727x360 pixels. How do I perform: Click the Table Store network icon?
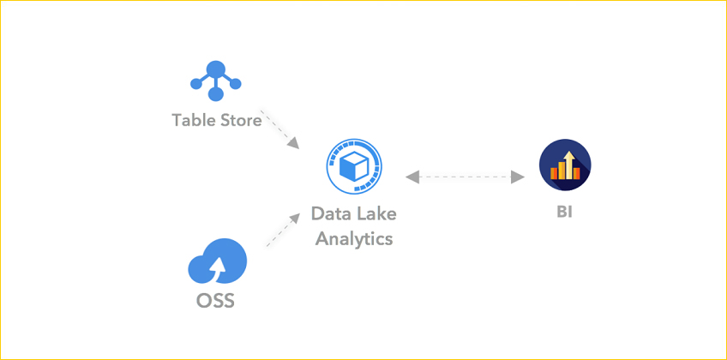click(216, 81)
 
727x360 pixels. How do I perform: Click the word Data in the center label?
click(329, 213)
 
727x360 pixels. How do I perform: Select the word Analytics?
click(354, 237)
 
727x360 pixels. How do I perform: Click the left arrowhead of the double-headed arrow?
click(413, 177)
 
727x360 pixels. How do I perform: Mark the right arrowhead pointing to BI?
click(517, 177)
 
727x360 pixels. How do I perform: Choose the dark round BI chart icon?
click(565, 165)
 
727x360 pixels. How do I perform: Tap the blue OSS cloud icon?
click(218, 261)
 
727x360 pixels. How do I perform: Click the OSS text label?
click(214, 301)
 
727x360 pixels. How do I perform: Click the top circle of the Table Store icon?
click(216, 67)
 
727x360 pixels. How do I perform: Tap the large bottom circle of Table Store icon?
click(216, 94)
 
